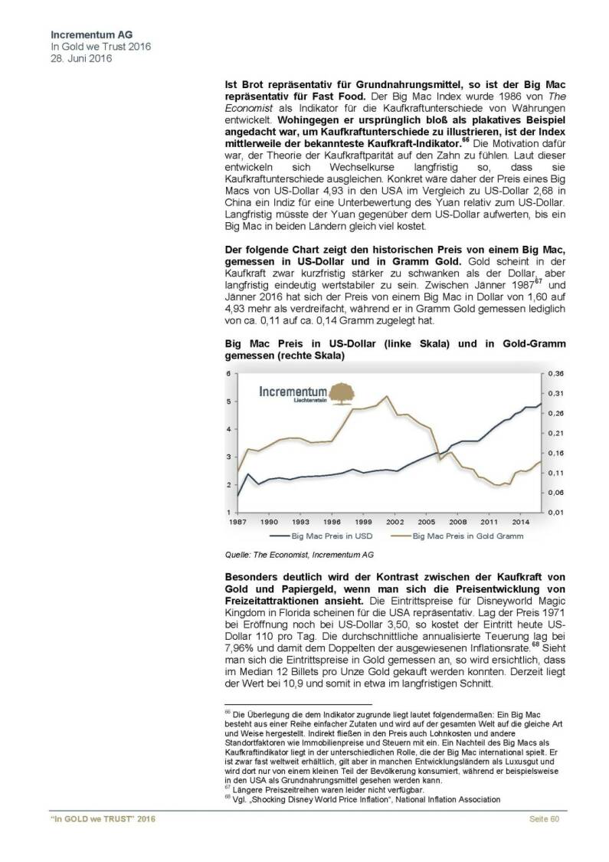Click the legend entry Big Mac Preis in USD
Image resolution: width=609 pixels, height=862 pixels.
(319, 536)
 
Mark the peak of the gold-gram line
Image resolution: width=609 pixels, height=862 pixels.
(386, 396)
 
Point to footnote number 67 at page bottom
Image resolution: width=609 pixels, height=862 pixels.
(228, 788)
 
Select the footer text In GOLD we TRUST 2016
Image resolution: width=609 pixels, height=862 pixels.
(102, 841)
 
